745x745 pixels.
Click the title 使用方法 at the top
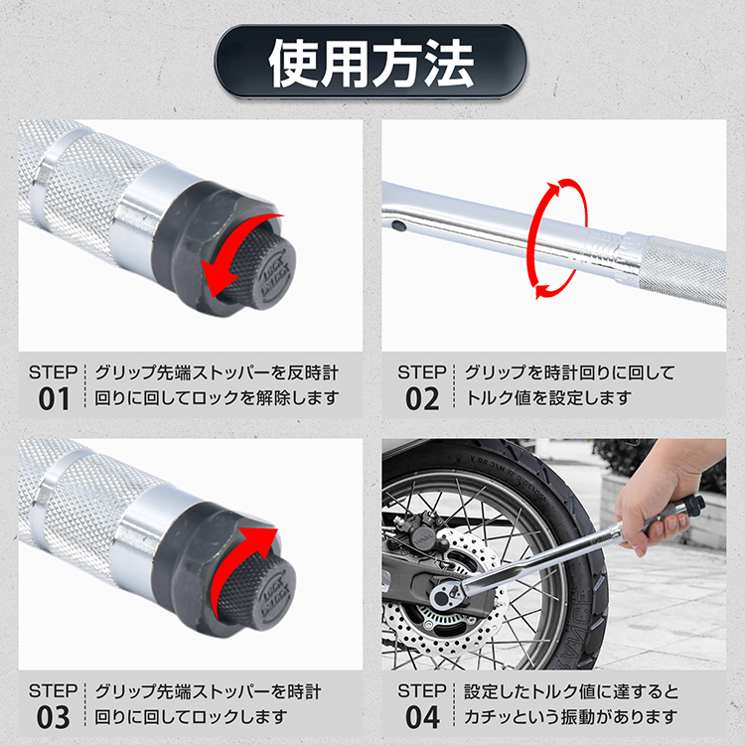click(372, 63)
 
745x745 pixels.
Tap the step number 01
click(54, 398)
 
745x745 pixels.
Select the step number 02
click(422, 398)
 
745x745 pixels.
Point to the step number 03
click(54, 717)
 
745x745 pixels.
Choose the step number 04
click(422, 717)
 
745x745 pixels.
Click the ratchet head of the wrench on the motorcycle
click(449, 594)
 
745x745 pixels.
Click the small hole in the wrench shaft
click(399, 225)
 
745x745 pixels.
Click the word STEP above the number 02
click(422, 372)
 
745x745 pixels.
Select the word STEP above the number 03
click(54, 690)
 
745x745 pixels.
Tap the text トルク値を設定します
click(548, 398)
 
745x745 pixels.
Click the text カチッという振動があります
click(570, 716)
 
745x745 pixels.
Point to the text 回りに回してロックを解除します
click(217, 398)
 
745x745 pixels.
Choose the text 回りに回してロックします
click(191, 716)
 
